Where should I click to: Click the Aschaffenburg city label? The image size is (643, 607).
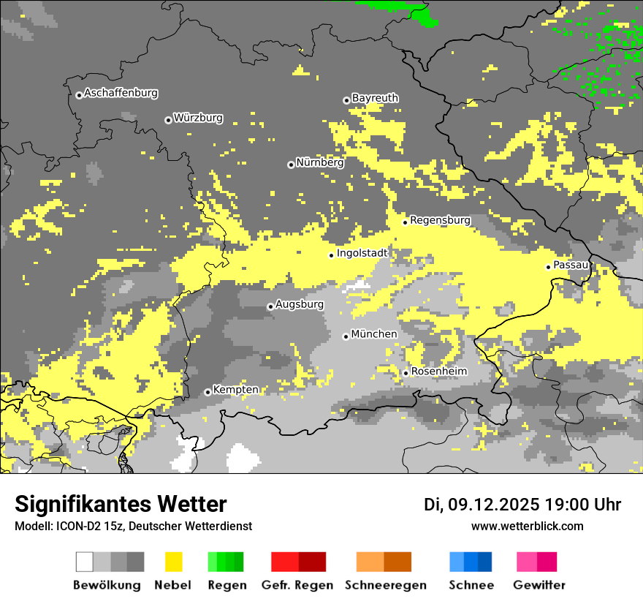[x=121, y=94]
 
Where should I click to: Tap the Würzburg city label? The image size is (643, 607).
[x=198, y=118]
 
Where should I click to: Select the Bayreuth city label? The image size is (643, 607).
[x=375, y=98]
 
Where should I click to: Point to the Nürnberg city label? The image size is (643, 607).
[x=319, y=162]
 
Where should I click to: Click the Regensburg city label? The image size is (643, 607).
[x=440, y=219]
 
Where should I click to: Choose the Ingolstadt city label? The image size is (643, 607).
[x=362, y=253]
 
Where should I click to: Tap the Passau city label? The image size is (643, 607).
[x=571, y=265]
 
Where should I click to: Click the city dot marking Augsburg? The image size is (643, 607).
[x=270, y=306]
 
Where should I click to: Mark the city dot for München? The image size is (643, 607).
[x=346, y=336]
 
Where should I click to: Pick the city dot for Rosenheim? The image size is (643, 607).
[x=406, y=373]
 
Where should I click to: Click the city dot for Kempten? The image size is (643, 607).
[x=208, y=392]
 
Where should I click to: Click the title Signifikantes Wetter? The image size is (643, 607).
[x=121, y=505]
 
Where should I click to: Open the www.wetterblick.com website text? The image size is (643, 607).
[x=527, y=526]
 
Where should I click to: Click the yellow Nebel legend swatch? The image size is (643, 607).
[x=173, y=562]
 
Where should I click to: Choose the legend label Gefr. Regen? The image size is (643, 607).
[x=297, y=585]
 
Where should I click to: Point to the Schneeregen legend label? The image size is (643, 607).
[x=385, y=585]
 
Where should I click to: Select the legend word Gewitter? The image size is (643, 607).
[x=539, y=585]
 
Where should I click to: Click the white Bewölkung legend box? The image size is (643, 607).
[x=85, y=562]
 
